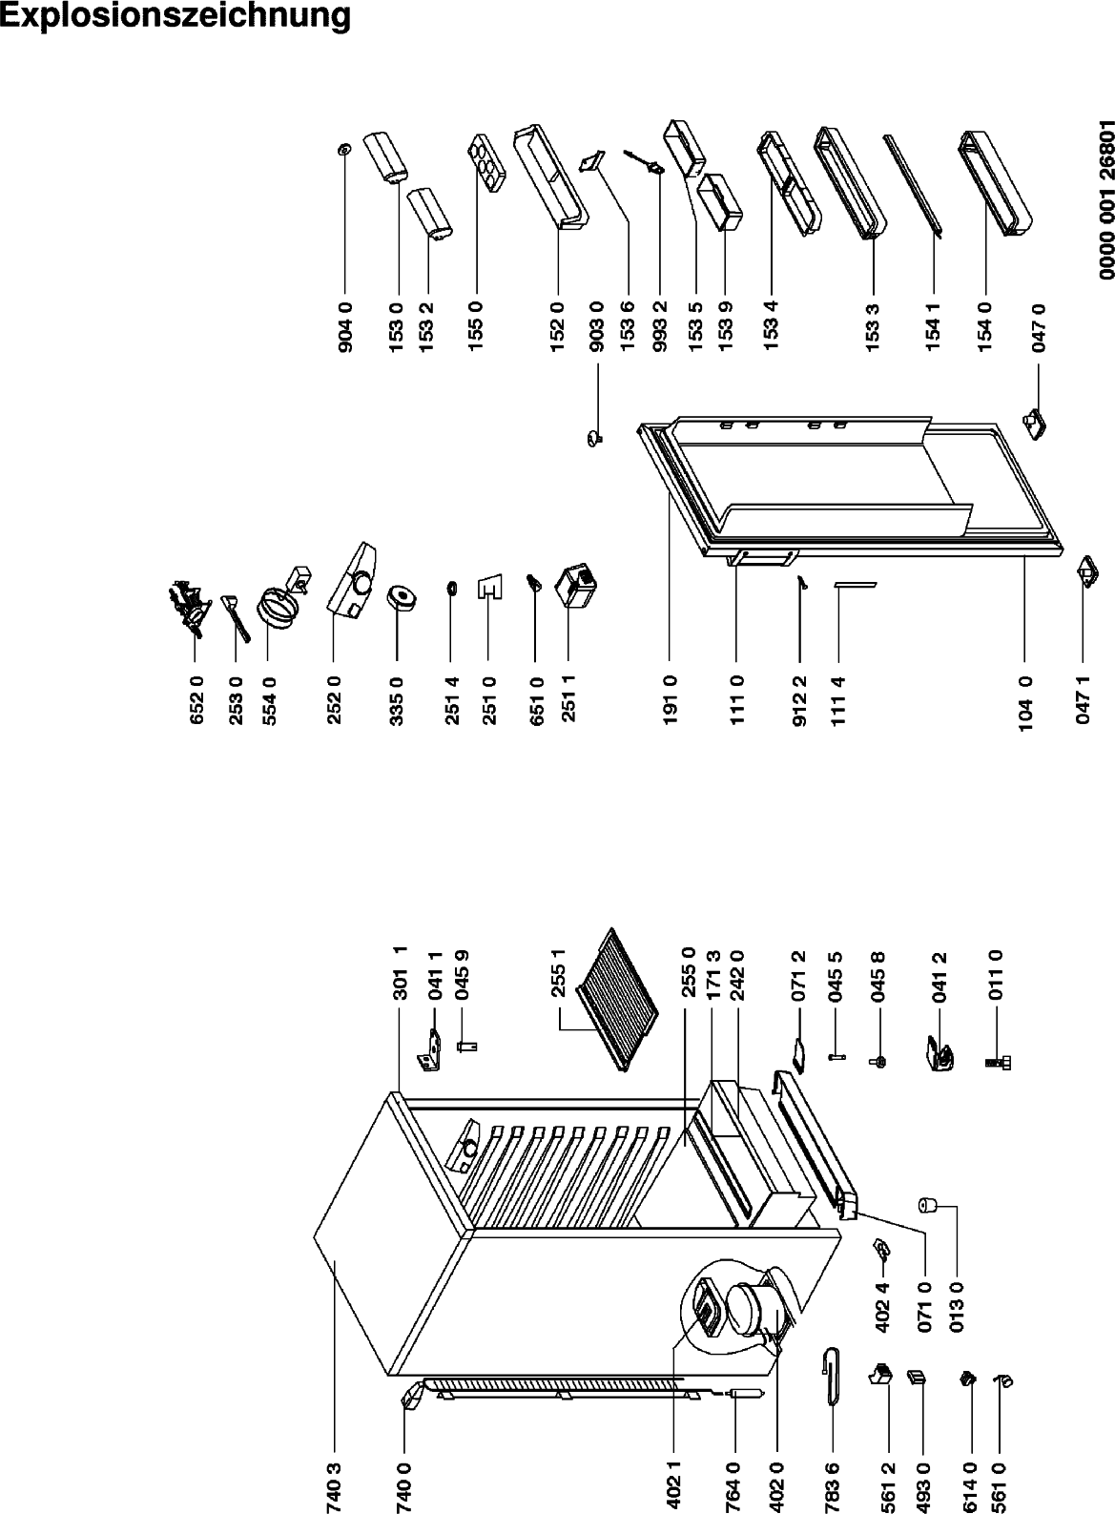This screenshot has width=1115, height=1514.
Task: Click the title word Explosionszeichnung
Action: tap(175, 15)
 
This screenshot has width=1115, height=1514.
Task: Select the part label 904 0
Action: tap(345, 327)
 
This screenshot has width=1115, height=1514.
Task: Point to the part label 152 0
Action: tap(558, 327)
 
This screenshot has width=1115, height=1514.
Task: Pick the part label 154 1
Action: tap(933, 327)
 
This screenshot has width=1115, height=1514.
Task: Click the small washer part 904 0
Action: tap(344, 149)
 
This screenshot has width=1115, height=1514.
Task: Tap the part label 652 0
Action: tap(196, 699)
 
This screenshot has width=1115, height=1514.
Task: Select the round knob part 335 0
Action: tap(401, 599)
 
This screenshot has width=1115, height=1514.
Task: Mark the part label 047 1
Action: tap(1083, 699)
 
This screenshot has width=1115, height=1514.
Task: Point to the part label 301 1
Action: tap(401, 973)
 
